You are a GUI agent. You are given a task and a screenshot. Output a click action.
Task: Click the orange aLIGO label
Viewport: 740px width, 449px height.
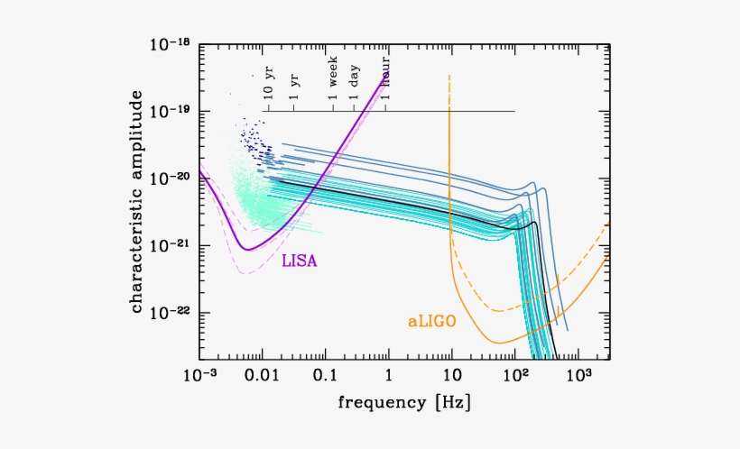tap(430, 320)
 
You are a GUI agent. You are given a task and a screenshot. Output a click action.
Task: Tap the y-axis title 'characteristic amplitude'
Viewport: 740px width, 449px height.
tap(136, 206)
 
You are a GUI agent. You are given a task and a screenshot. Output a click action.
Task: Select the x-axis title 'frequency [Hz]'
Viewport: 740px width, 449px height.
tap(403, 400)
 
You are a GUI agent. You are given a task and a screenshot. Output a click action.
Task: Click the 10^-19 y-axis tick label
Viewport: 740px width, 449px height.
tap(169, 110)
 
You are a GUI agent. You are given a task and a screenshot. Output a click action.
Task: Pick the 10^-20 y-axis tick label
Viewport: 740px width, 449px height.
tap(169, 178)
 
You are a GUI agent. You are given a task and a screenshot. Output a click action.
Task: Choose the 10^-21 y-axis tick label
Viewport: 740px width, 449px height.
tap(169, 245)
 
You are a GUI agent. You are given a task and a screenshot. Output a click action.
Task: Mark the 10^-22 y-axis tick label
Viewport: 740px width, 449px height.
tap(169, 313)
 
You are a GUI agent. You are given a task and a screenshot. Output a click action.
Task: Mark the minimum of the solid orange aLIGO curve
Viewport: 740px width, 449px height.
tap(499, 343)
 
